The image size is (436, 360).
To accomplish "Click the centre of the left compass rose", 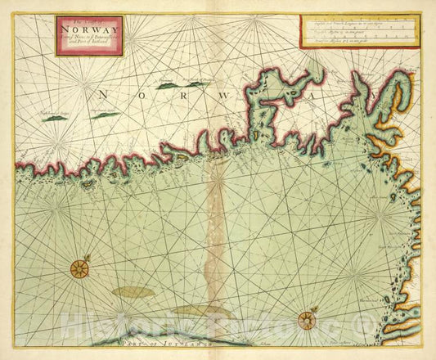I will [x=79, y=268].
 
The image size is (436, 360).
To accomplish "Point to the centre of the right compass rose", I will [x=307, y=320].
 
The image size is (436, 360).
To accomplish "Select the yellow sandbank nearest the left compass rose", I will [x=133, y=290].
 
